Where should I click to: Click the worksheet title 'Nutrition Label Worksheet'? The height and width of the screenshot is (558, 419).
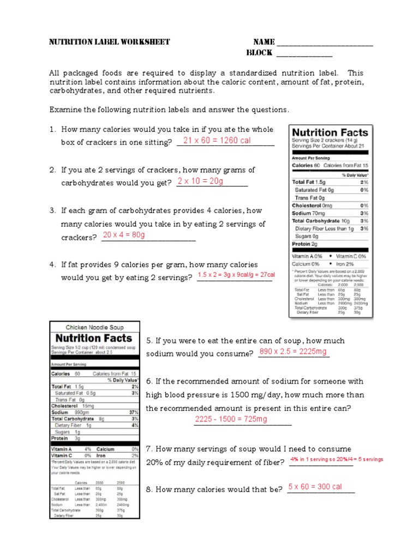110,42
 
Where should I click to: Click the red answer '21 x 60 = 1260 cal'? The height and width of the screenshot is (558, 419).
217,141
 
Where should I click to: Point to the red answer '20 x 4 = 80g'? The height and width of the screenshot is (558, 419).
124,235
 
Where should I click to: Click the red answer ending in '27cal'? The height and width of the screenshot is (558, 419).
236,275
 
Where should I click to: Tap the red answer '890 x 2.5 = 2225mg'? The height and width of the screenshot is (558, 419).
294,352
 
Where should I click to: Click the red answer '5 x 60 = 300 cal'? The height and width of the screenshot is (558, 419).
315,487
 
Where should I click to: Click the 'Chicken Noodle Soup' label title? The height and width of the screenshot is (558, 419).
94,327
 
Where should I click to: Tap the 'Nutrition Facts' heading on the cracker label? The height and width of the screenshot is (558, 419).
330,132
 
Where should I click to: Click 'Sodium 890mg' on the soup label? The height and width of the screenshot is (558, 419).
69,413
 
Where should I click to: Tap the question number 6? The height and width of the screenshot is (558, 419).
148,381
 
